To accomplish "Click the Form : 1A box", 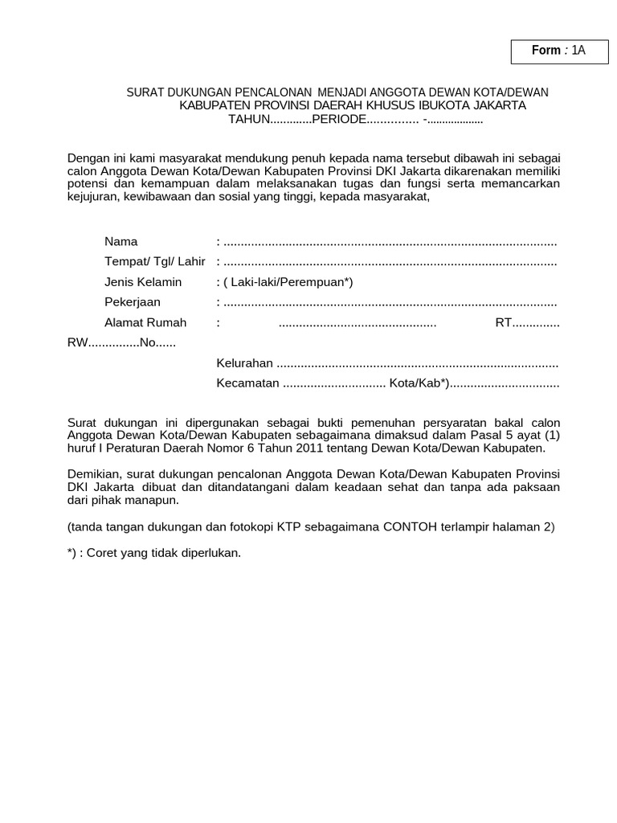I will coord(558,51).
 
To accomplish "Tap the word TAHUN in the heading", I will coord(247,120).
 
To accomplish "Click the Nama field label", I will coord(121,242).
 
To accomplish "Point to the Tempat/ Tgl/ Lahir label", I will coord(155,262).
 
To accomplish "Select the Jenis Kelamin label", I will coord(143,282).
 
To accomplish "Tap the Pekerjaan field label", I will coord(133,302).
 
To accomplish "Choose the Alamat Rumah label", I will coord(145,322).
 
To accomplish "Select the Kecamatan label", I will coord(247,383).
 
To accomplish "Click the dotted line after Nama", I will coord(390,243).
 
